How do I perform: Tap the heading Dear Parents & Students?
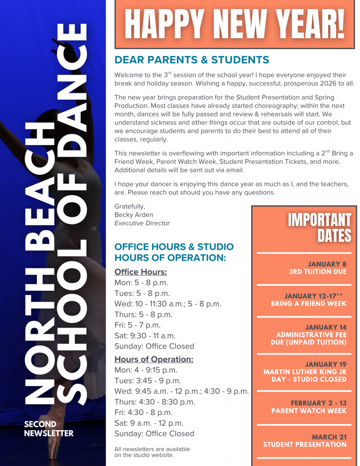coord(192,60)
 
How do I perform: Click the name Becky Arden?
coord(134,214)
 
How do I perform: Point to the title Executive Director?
coord(142,223)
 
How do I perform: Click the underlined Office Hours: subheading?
coord(141,272)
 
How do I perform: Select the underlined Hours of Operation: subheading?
coord(154,360)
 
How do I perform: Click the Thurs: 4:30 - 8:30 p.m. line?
coord(155,402)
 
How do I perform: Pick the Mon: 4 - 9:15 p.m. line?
coord(146,370)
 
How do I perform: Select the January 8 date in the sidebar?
coord(327,264)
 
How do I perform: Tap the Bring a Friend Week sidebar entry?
coord(309,304)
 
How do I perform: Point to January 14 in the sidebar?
coord(325,327)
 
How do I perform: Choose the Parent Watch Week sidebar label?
coord(309,410)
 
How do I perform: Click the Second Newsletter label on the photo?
coord(49,429)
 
